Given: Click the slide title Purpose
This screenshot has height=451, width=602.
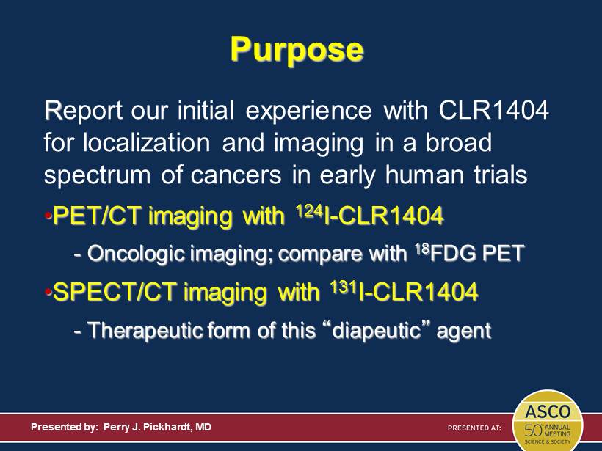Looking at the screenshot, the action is (297, 49).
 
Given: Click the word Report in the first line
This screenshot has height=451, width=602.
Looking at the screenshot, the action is (83, 110).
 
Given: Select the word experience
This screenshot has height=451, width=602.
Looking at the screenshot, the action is (308, 111).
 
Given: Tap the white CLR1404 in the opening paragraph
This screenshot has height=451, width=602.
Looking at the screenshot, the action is (494, 110).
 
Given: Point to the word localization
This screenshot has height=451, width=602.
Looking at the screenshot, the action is (147, 143).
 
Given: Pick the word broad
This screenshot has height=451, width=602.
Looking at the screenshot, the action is (458, 142).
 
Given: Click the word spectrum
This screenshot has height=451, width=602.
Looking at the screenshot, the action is (98, 175).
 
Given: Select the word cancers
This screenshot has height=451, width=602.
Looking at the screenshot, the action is (236, 175).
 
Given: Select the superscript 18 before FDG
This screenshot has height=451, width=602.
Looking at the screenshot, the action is (422, 249).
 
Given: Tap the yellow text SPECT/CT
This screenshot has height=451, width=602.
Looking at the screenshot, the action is (115, 292).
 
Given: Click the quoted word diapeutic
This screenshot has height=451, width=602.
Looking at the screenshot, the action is (376, 330).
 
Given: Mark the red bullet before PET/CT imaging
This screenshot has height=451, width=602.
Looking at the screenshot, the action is (48, 216).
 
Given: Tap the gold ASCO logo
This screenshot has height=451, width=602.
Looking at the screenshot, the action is (548, 421).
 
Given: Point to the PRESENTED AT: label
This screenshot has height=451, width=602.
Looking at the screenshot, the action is (474, 428).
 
